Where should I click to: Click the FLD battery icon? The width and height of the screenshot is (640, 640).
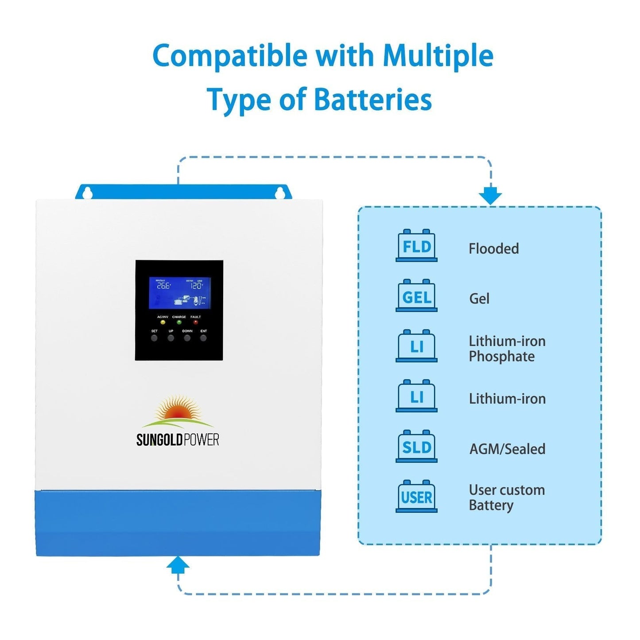(416, 246)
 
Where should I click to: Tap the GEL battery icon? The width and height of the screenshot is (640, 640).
(416, 296)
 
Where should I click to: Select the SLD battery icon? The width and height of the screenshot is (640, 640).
(416, 446)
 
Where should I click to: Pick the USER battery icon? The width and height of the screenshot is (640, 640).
(416, 496)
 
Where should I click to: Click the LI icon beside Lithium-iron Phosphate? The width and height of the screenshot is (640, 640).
(416, 346)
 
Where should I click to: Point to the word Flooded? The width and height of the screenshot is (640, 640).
(493, 248)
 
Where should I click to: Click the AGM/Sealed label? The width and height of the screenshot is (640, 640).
(507, 449)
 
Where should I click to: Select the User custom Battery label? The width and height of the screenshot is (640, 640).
(506, 497)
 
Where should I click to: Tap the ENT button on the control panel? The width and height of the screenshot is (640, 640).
(203, 338)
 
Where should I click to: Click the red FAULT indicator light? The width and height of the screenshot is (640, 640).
(195, 322)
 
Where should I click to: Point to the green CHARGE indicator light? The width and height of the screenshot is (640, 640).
(179, 322)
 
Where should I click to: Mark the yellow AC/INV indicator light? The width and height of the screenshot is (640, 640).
(163, 322)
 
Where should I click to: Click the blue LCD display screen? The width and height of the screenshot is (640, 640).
(179, 293)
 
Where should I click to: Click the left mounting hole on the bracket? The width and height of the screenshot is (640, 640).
(88, 193)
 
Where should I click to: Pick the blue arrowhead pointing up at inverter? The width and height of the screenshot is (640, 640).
(178, 565)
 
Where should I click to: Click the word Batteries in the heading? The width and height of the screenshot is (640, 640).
(372, 100)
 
